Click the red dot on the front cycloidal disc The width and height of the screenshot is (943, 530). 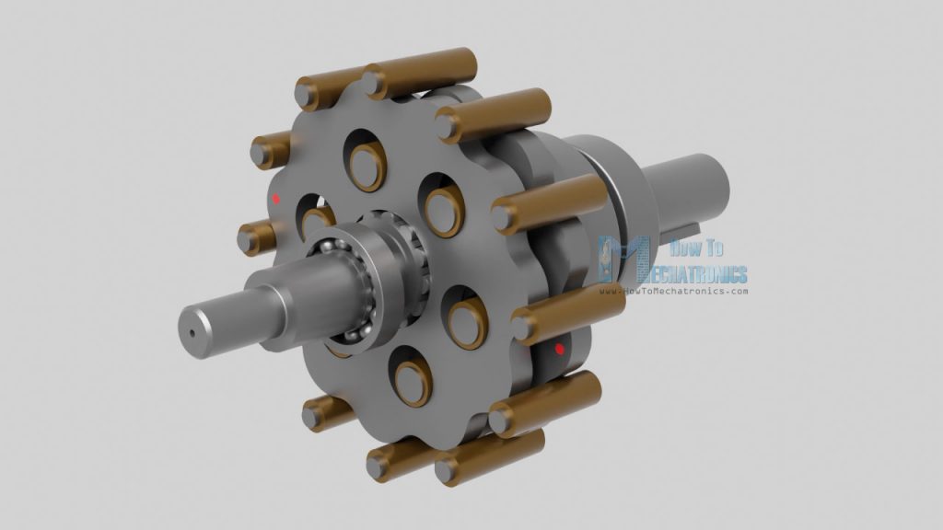pyautogui.click(x=275, y=198)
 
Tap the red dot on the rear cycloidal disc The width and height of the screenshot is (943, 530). pyautogui.click(x=559, y=350)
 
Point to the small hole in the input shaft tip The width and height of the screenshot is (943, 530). pyautogui.click(x=193, y=333)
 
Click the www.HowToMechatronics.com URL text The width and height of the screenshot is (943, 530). pyautogui.click(x=674, y=292)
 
